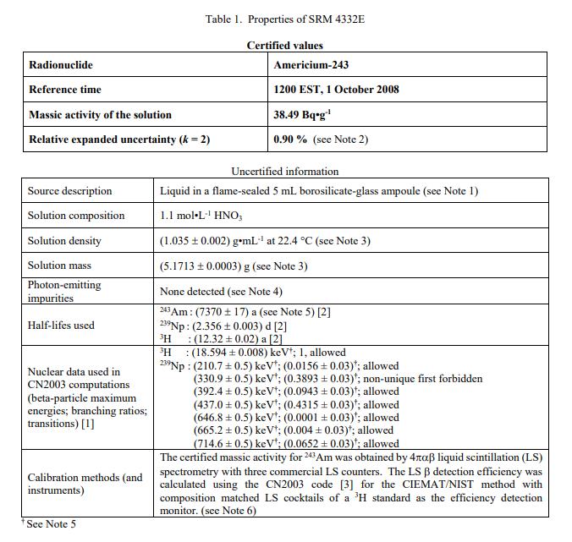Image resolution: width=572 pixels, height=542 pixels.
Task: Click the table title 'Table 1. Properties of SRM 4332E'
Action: click(x=284, y=19)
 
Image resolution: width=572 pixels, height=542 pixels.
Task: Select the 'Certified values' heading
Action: click(x=284, y=46)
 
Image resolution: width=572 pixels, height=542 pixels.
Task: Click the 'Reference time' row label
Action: click(x=64, y=90)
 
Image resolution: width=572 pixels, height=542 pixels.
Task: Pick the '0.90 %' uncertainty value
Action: click(x=290, y=140)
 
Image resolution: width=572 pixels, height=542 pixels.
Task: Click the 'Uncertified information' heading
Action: click(x=284, y=171)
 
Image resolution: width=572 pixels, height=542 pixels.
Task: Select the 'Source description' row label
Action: click(x=69, y=191)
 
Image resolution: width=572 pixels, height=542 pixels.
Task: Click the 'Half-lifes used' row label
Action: click(x=61, y=326)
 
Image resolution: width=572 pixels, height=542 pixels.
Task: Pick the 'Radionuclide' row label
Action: click(x=61, y=65)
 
